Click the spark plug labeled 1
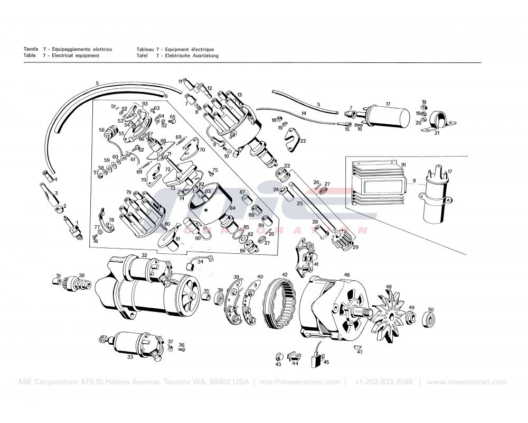click(x=73, y=229)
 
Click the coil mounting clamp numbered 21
click(x=437, y=122)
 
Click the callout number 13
click(x=239, y=95)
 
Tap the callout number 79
click(x=128, y=192)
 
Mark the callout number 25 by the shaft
click(x=299, y=204)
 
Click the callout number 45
click(x=326, y=362)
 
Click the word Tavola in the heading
click(x=30, y=49)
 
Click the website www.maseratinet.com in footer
click(x=467, y=382)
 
